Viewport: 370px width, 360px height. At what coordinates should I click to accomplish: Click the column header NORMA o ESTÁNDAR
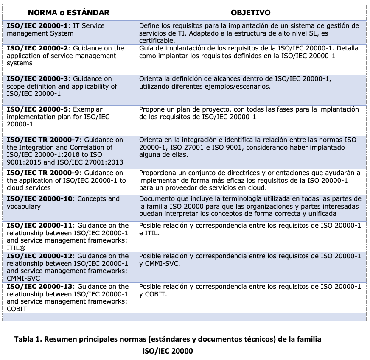click(69, 13)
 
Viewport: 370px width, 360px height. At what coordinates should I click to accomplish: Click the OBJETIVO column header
click(250, 13)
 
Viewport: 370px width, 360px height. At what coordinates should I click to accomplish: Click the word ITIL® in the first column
click(16, 248)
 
